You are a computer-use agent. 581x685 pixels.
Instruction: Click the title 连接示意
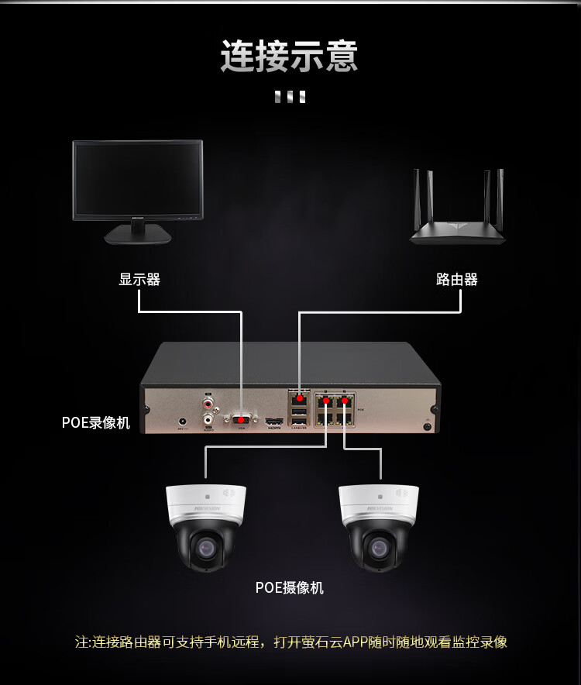(290, 57)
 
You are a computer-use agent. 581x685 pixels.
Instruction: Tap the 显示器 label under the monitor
(139, 280)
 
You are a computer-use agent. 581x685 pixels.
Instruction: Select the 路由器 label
(457, 280)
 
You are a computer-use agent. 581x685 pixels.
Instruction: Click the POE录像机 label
(96, 423)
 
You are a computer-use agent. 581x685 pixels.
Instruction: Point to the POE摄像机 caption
(290, 588)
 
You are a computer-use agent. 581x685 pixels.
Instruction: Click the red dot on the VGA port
(242, 419)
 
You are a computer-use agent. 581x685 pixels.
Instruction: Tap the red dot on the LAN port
(299, 398)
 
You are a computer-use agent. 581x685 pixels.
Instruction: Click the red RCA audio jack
(208, 403)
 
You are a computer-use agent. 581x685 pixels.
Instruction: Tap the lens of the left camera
(205, 547)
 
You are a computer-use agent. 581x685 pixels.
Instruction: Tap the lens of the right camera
(379, 547)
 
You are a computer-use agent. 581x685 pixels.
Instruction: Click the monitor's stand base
(138, 234)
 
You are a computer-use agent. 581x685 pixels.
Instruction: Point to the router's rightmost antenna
(500, 196)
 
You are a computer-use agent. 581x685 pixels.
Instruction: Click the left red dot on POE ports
(327, 401)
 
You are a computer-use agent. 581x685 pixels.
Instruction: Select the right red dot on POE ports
(345, 401)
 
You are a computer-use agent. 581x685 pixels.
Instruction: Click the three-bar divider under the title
(290, 97)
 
